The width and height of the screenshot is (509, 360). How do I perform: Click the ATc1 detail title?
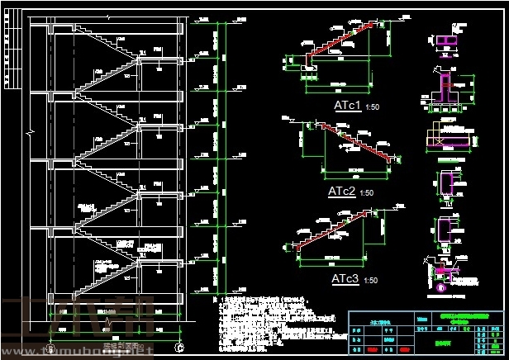click(346, 106)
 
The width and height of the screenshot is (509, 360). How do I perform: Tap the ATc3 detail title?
click(345, 279)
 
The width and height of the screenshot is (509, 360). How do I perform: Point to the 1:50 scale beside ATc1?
click(373, 107)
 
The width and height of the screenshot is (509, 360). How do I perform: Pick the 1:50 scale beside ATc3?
click(371, 281)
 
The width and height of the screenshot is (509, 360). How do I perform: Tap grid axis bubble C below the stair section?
click(179, 348)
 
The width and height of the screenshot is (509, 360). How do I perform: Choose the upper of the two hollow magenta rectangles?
click(446, 182)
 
